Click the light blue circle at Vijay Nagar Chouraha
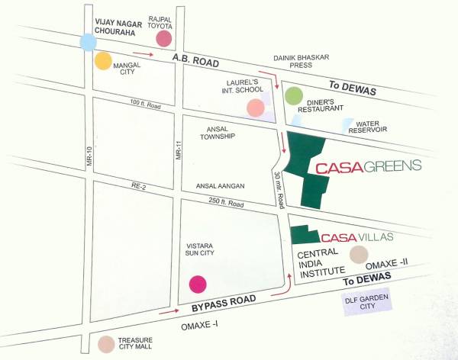88,43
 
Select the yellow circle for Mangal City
103,62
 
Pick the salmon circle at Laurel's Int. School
256,108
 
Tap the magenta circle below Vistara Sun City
198,284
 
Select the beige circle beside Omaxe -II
358,255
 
